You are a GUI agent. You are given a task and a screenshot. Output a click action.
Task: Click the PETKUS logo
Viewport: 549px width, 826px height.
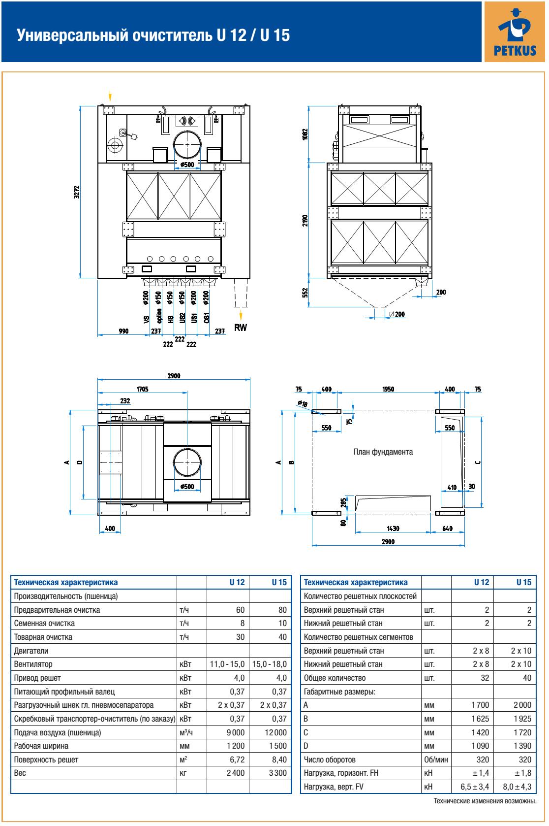(x=515, y=31)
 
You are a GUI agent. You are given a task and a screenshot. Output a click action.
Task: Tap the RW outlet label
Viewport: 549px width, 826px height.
(x=241, y=328)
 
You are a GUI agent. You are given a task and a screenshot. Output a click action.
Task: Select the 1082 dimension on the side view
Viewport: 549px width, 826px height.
(x=305, y=134)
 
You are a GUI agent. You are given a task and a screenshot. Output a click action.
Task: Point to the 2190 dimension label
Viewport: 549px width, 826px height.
(x=305, y=220)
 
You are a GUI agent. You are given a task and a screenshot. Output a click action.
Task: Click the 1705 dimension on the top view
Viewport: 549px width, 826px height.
(x=142, y=389)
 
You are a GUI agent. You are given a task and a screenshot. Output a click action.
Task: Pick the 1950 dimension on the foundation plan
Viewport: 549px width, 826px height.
(x=388, y=389)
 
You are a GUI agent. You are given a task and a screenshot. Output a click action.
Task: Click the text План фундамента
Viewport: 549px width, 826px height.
(x=383, y=452)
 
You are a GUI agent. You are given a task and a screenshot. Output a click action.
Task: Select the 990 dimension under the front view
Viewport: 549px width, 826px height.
(x=123, y=331)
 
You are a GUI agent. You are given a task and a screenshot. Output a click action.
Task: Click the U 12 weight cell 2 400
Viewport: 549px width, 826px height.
(x=235, y=773)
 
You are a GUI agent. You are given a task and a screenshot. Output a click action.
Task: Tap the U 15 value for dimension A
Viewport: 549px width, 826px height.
(x=521, y=705)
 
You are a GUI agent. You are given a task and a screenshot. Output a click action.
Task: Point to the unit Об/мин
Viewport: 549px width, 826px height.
(x=435, y=760)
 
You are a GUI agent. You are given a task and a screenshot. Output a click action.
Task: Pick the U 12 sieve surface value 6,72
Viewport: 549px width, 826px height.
(x=237, y=760)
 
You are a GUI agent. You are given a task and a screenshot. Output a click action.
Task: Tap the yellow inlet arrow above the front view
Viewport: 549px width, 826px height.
(x=110, y=95)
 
